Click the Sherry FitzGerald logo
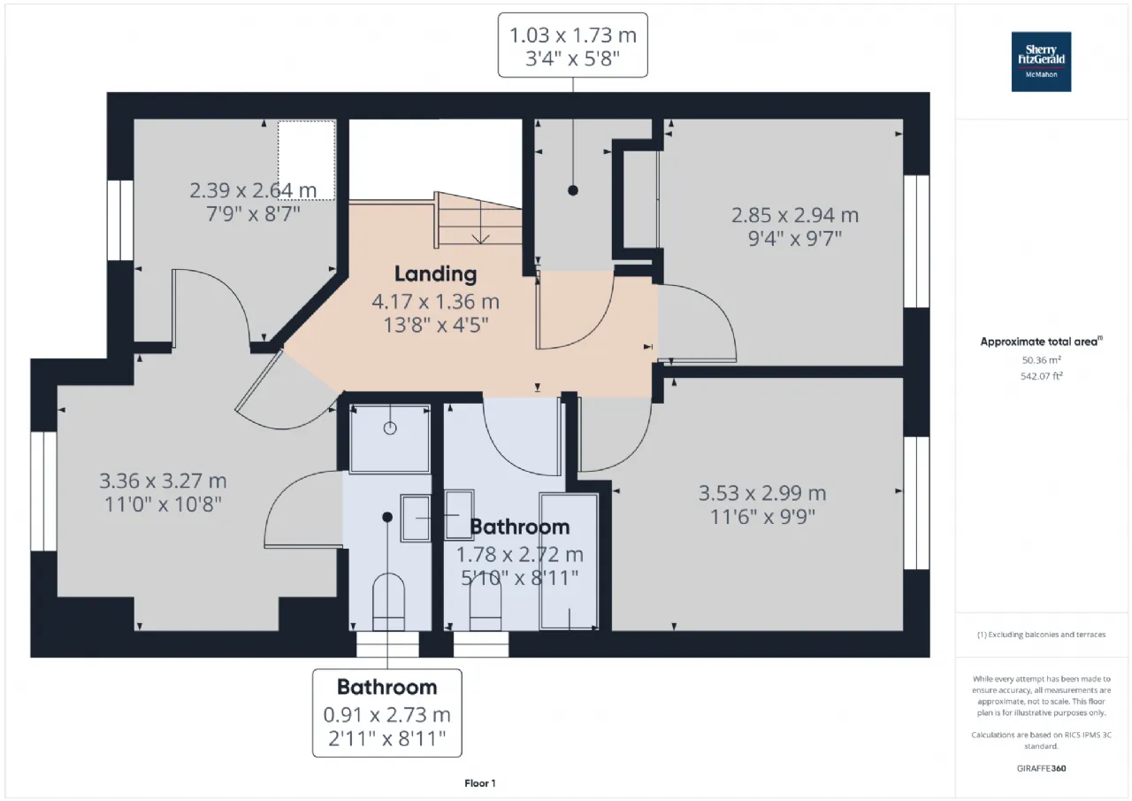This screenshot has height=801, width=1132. (1041, 62)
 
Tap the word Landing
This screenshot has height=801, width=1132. (436, 274)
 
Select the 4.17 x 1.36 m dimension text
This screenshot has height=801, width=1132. (436, 302)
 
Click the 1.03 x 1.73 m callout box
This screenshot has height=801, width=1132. (572, 45)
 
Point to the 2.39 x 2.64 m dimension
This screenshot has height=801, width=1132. (253, 190)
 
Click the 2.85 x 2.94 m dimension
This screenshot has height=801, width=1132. (795, 215)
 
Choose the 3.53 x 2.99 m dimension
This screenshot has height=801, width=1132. (762, 493)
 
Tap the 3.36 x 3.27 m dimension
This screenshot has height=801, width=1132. (163, 481)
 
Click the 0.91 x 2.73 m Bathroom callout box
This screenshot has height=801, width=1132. (387, 713)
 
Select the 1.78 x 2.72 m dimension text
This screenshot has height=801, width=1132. (519, 555)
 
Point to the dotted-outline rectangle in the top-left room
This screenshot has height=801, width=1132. (306, 160)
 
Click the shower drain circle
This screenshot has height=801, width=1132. (390, 428)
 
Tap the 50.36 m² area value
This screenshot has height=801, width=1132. (1042, 360)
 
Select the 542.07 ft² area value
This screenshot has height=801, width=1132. (1042, 376)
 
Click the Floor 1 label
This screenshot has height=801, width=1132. (480, 783)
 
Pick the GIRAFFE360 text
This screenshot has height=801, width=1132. (1042, 768)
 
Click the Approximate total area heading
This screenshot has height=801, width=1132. (1042, 342)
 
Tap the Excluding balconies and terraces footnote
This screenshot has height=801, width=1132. (1042, 634)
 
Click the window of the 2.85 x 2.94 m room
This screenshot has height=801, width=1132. (916, 242)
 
